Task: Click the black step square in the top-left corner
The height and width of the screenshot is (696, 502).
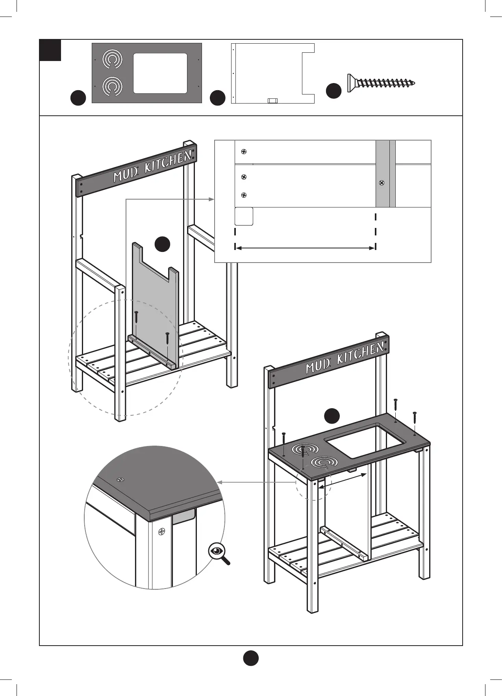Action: (x=50, y=50)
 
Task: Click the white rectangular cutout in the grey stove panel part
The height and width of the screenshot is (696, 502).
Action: (x=160, y=73)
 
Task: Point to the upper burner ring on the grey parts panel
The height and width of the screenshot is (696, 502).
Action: (x=112, y=59)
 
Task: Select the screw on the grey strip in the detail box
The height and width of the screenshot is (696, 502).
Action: (x=381, y=183)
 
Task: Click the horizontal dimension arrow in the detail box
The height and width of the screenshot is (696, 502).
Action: (x=305, y=248)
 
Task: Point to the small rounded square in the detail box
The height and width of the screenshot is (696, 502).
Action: (x=244, y=217)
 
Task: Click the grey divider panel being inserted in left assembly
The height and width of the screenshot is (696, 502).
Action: (x=155, y=299)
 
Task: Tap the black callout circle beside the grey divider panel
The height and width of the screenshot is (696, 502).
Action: (x=162, y=244)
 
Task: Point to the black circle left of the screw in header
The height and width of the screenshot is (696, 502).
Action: (x=333, y=91)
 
